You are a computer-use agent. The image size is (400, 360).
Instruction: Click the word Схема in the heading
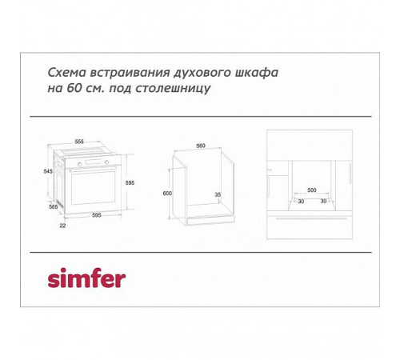pyautogui.click(x=65, y=73)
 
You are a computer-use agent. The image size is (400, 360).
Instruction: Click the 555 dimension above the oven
pyautogui.click(x=79, y=141)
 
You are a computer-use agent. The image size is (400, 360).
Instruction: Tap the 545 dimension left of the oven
pyautogui.click(x=47, y=171)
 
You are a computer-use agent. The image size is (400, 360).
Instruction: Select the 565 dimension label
pyautogui.click(x=54, y=206)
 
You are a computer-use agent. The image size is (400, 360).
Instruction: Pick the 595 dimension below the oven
pyautogui.click(x=95, y=214)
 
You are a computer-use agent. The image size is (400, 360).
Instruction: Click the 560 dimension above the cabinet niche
pyautogui.click(x=201, y=146)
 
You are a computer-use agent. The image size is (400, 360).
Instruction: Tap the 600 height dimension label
pyautogui.click(x=167, y=194)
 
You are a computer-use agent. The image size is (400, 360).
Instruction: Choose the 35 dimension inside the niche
pyautogui.click(x=218, y=194)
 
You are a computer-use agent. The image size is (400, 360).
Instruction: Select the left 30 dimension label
pyautogui.click(x=300, y=201)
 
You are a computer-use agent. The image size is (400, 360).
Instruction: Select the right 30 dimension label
pyautogui.click(x=323, y=201)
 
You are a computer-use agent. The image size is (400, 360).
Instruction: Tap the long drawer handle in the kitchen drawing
pyautogui.click(x=310, y=218)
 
